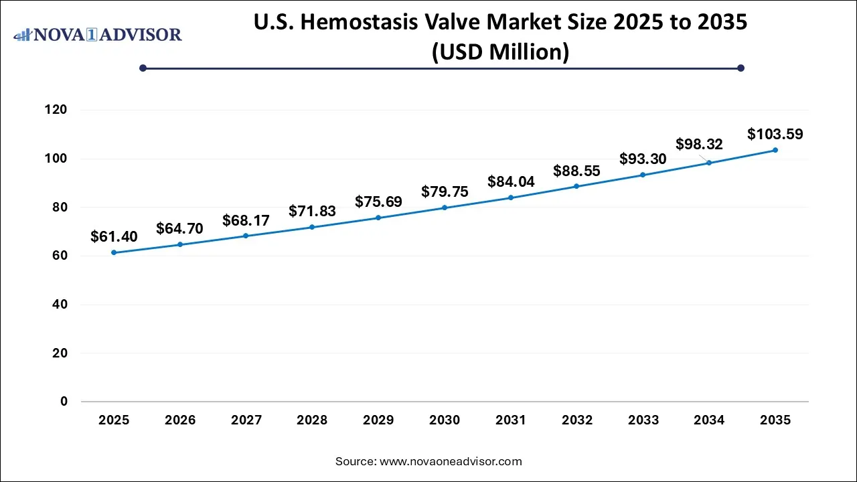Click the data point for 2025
pos(114,252)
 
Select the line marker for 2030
pos(445,208)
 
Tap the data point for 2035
pos(775,150)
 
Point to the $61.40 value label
pos(114,236)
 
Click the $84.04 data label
pos(511,181)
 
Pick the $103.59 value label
pos(775,134)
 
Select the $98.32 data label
pos(699,144)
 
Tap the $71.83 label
pos(312,211)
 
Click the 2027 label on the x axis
pos(246,420)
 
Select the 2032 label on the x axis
pos(577,420)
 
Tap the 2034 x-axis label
pos(709,420)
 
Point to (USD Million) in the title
pos(500,51)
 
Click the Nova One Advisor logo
pos(98,33)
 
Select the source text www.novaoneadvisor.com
pos(451,461)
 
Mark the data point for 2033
pos(643,175)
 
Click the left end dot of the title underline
pos(143,68)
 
